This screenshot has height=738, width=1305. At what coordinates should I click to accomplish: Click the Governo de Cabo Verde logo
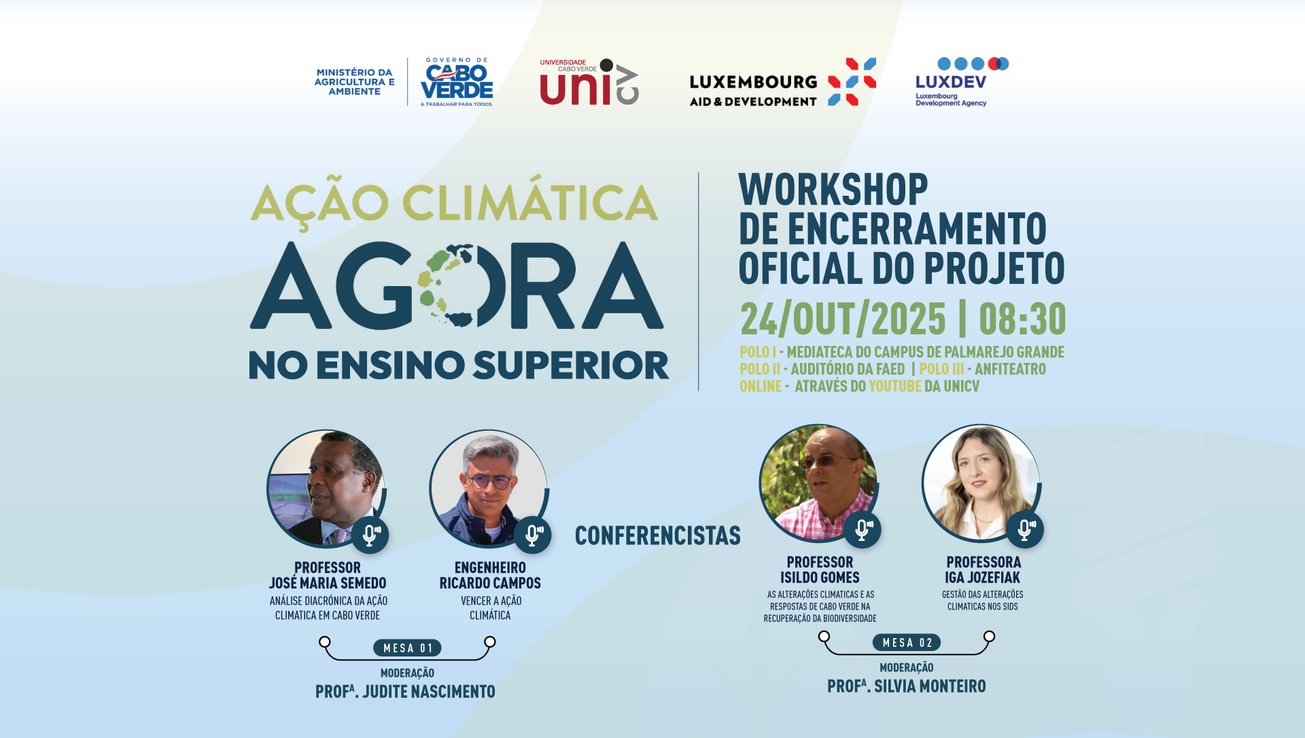click(457, 82)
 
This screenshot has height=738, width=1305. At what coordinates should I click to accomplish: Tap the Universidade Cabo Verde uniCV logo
click(589, 82)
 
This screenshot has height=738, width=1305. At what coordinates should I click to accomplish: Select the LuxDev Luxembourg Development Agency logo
click(962, 82)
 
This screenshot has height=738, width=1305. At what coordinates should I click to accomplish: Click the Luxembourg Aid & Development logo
click(782, 82)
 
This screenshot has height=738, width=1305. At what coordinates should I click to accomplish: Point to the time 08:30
click(1022, 319)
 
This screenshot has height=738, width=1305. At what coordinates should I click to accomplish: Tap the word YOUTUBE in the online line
click(894, 386)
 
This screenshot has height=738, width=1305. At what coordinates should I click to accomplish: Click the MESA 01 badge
click(407, 648)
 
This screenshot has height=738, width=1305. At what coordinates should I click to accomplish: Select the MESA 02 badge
click(907, 643)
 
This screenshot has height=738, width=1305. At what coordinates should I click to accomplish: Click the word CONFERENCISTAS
click(658, 535)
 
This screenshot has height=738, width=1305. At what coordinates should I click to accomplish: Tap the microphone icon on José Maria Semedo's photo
click(370, 535)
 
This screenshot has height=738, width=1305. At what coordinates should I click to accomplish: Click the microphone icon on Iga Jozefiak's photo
click(1025, 529)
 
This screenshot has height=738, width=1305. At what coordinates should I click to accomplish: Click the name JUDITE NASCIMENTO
click(428, 692)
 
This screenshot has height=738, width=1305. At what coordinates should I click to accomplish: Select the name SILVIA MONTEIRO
click(930, 686)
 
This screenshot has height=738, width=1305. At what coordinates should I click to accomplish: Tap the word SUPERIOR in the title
click(571, 365)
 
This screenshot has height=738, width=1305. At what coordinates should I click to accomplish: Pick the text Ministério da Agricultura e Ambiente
click(354, 82)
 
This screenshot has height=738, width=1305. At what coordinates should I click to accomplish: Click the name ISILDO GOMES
click(820, 578)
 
